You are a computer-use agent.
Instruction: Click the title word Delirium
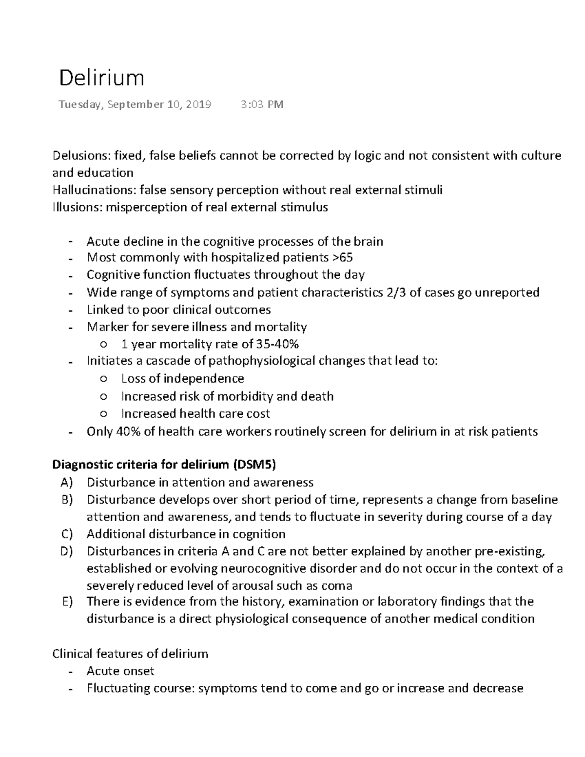click(x=101, y=78)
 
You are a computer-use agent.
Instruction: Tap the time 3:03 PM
click(x=262, y=104)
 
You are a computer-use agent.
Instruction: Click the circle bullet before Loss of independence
click(x=103, y=379)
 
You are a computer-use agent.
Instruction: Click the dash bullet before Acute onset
click(x=72, y=672)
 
